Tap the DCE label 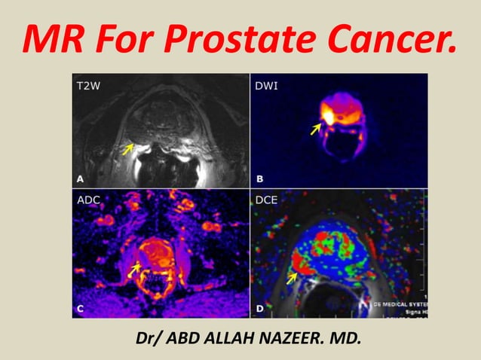268,201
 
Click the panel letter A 80,178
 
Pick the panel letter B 259,178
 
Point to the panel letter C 80,308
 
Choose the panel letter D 259,308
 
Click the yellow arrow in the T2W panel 129,150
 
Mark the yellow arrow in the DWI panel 316,130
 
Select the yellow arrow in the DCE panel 293,278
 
